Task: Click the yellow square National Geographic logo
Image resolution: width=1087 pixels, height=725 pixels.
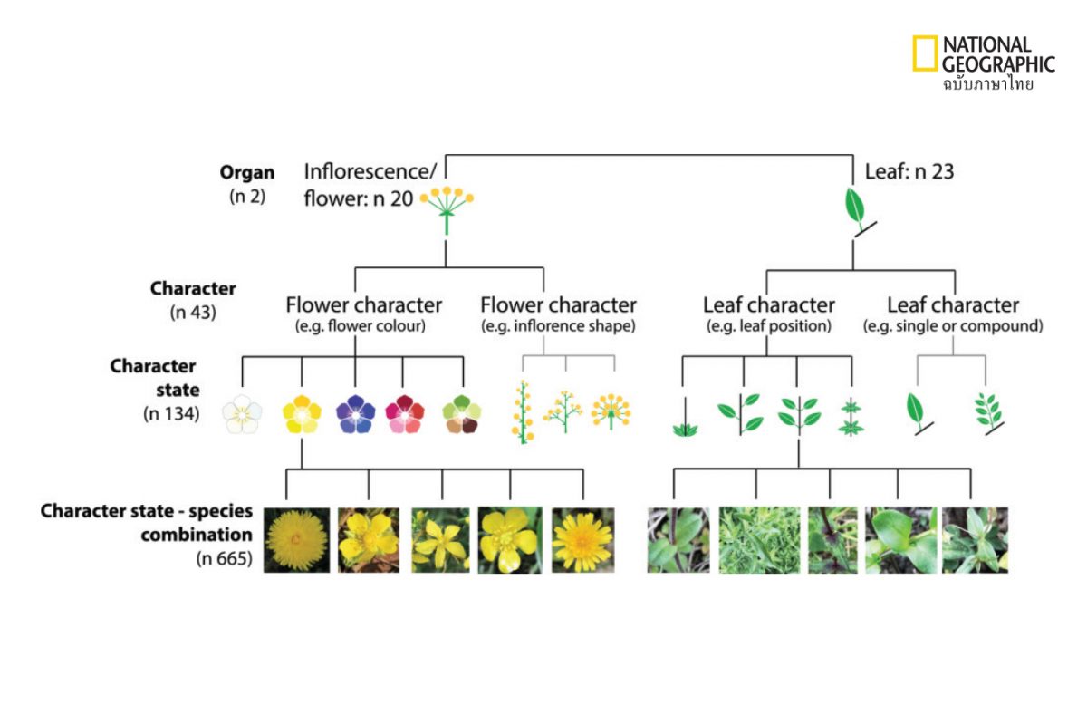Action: coord(925,53)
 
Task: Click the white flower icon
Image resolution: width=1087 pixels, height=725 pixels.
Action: coord(242,414)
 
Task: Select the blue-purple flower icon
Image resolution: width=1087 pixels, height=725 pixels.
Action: coord(355,414)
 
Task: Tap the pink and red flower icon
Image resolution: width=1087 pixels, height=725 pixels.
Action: coord(403,414)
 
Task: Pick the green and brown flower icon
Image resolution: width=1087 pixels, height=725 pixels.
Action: coord(461,414)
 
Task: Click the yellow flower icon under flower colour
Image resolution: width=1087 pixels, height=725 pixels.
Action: coord(302,414)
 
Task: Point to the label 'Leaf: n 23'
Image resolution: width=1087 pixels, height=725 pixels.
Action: coord(909,171)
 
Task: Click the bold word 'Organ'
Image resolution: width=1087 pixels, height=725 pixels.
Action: coord(247,172)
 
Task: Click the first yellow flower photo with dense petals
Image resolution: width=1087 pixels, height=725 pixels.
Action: coord(294,540)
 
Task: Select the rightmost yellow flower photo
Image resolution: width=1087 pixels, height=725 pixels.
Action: coord(582,540)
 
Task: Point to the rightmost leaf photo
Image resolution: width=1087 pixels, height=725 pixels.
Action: coord(975,540)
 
